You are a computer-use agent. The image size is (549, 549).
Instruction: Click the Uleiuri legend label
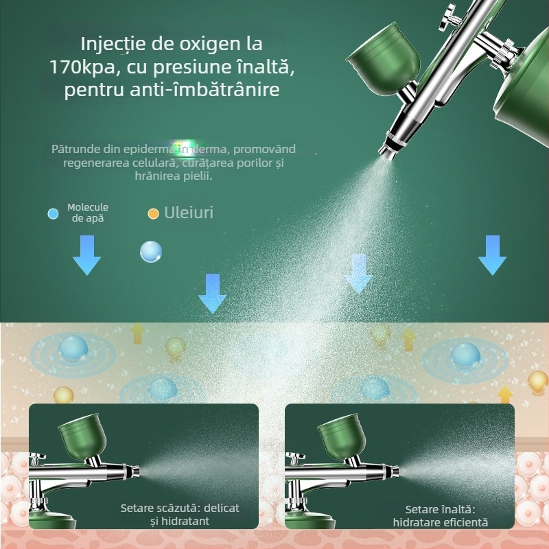[189, 213]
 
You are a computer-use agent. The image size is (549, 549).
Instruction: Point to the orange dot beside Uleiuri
[153, 213]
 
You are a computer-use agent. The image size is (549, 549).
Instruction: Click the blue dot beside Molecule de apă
[53, 213]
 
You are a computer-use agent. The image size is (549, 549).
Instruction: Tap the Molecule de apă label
[88, 213]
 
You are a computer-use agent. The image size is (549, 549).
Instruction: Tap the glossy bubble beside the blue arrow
[150, 252]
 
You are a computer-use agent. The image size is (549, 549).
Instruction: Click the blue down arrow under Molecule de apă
[87, 255]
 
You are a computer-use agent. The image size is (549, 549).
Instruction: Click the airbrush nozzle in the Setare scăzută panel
[135, 472]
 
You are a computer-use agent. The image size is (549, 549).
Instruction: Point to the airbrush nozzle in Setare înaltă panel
[392, 472]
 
